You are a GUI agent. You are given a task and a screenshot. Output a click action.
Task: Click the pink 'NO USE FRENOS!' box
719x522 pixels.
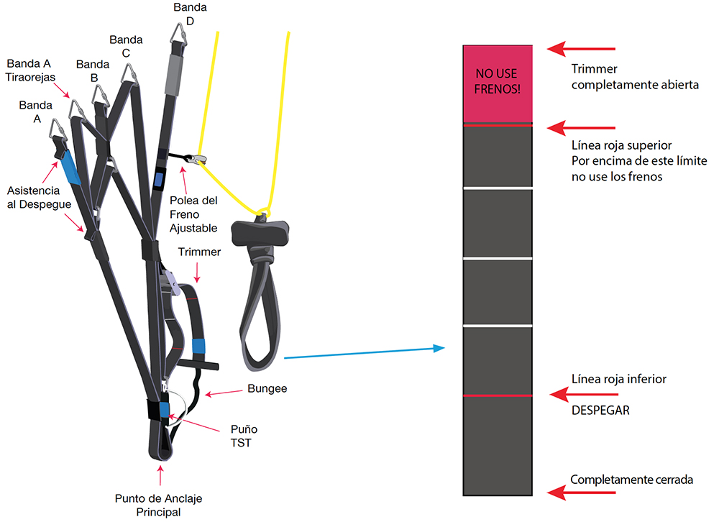[x=497, y=83]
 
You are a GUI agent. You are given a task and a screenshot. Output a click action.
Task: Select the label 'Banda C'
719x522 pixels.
[x=126, y=45]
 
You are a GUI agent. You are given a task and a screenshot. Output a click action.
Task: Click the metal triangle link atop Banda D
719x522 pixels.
[x=180, y=35]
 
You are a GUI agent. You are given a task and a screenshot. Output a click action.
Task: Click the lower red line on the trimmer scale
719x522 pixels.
[x=497, y=396]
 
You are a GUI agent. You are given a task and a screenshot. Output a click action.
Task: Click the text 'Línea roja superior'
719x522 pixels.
[x=621, y=145]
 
